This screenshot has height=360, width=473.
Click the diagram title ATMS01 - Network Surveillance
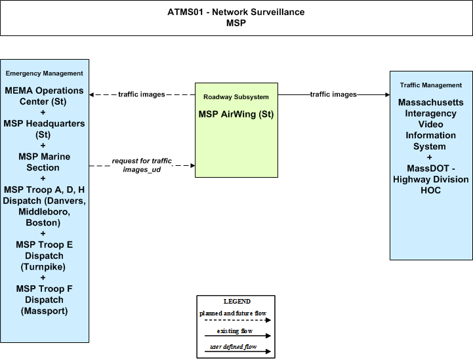tap(236, 12)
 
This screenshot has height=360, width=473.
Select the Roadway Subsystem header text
tap(236, 97)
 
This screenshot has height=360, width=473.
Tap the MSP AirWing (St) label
tap(236, 114)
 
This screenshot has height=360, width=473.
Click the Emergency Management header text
tap(45, 73)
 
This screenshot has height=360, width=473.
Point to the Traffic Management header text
tap(431, 85)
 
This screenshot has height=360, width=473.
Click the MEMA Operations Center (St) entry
tap(44, 96)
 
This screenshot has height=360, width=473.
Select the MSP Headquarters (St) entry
tap(44, 129)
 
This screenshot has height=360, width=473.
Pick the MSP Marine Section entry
tap(44, 162)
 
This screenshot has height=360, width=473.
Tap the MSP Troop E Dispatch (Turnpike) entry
tap(44, 256)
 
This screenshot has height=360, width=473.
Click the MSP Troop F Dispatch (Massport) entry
tap(44, 300)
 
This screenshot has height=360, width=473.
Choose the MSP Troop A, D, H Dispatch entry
tap(44, 207)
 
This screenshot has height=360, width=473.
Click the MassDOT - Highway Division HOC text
tap(431, 179)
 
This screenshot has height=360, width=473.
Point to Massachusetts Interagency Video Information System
tap(431, 124)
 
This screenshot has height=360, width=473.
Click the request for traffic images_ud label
tap(142, 165)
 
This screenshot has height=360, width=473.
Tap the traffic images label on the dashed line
tap(142, 94)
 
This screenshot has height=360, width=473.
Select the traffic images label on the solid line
tap(333, 94)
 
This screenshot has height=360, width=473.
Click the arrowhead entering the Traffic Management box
tap(388, 94)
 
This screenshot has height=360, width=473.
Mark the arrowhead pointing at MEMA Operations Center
tap(91, 94)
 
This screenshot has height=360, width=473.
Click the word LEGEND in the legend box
tap(237, 302)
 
